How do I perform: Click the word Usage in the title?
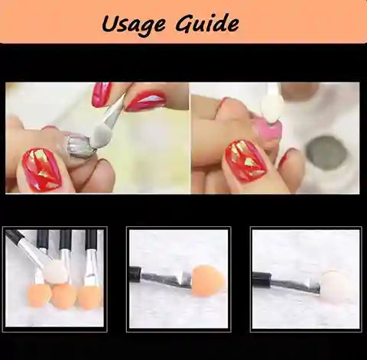coord(134,24)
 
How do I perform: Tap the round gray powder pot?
coord(327,151)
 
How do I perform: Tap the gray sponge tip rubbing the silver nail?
coord(102,136)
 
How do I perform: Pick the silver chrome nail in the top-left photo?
coord(80,145)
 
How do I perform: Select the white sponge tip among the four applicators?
coord(55,271)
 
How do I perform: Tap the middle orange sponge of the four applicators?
coord(64,296)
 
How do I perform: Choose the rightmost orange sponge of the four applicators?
coord(89,296)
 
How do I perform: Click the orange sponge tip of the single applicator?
coord(207,281)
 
